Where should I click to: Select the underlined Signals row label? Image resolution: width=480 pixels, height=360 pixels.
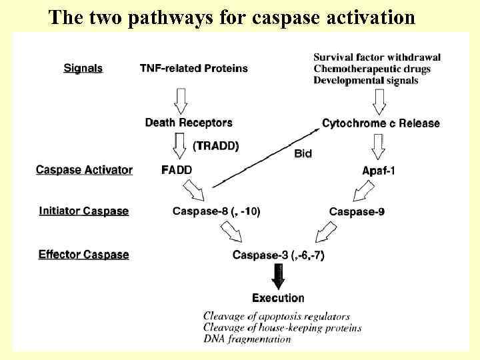(83, 68)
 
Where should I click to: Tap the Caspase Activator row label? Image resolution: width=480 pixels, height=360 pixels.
(84, 170)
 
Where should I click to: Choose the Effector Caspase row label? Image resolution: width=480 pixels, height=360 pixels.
(83, 254)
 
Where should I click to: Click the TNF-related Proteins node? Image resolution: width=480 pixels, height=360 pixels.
(193, 68)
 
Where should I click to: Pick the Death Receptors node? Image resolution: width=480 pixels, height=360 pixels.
(189, 123)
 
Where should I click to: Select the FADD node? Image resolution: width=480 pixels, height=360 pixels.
(177, 170)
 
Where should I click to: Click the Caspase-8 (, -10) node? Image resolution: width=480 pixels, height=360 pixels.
(216, 211)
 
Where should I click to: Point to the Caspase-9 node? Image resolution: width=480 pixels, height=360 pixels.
(357, 211)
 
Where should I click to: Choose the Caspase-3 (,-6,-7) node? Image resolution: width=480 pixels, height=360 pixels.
(278, 255)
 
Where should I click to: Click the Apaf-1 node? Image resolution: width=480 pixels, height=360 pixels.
(379, 171)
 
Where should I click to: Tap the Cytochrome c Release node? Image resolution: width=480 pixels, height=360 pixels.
(381, 123)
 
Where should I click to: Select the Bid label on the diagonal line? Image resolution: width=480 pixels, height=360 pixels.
(303, 153)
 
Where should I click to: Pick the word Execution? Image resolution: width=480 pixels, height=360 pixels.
(278, 298)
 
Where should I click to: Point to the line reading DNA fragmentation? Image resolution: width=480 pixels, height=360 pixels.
(247, 339)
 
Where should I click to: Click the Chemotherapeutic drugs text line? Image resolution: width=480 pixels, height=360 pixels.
(372, 69)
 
